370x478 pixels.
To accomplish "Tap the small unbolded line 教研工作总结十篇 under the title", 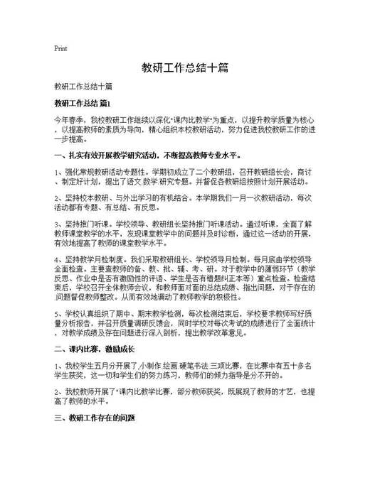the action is pyautogui.click(x=83, y=87).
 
